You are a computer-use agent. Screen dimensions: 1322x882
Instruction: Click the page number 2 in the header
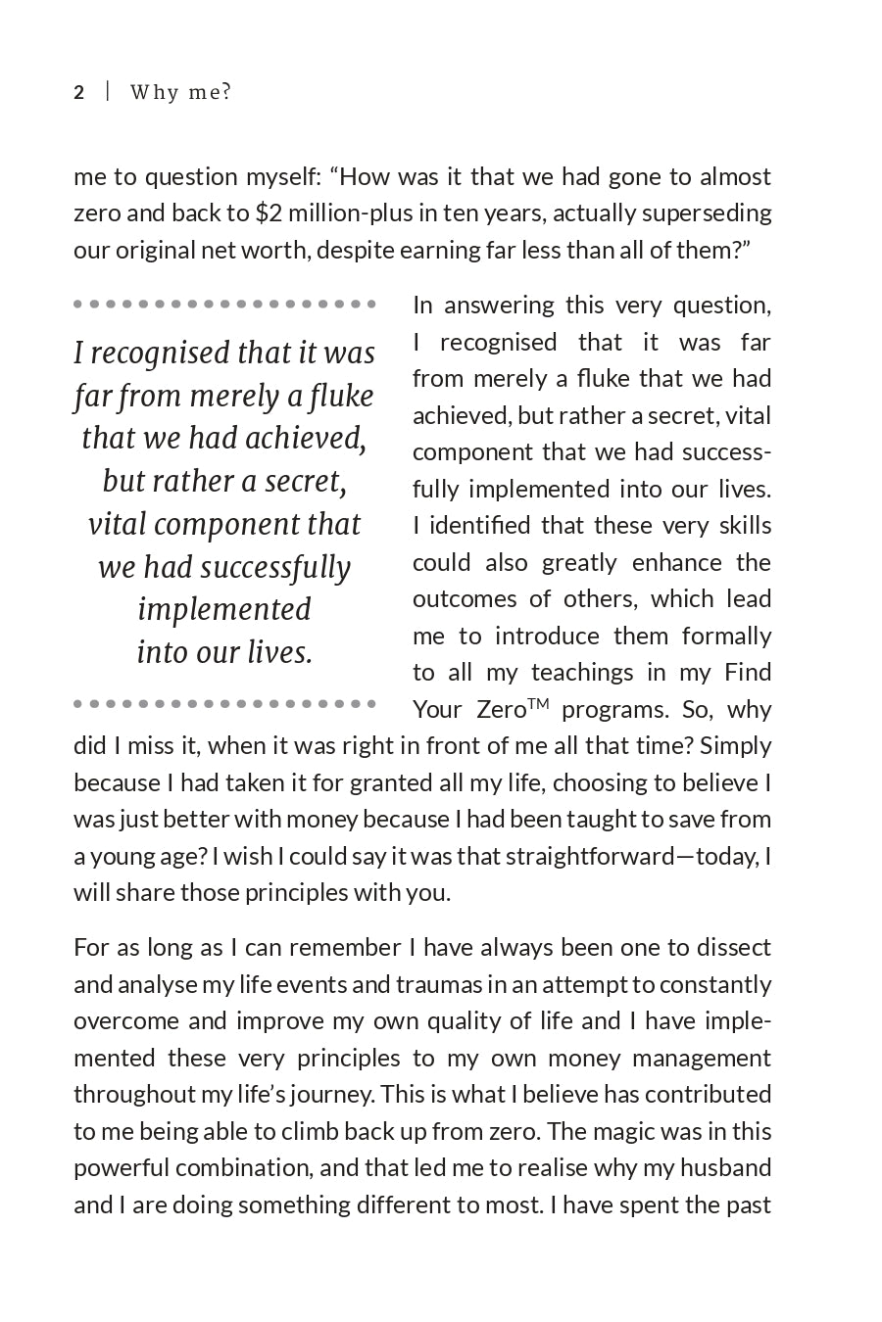click(x=79, y=93)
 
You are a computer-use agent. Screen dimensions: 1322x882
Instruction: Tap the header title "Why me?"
click(x=181, y=93)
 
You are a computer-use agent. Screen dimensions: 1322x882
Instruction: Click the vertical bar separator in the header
click(x=108, y=92)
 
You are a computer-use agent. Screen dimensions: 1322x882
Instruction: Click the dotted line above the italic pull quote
click(x=224, y=305)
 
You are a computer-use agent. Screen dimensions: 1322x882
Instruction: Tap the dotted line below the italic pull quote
click(x=224, y=703)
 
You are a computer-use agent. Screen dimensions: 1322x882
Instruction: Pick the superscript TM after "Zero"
click(x=538, y=702)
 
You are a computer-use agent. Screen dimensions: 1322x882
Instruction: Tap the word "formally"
click(x=726, y=637)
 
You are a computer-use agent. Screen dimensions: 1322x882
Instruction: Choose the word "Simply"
click(x=736, y=746)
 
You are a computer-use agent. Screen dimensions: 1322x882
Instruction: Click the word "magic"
click(x=623, y=1132)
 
